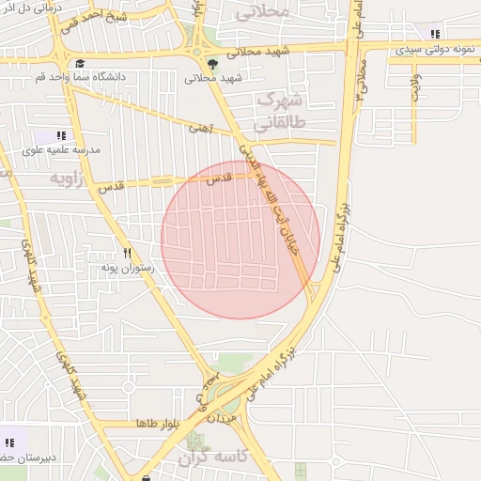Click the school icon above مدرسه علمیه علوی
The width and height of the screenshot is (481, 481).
coord(63,135)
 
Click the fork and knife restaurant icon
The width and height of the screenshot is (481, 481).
coord(128,253)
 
